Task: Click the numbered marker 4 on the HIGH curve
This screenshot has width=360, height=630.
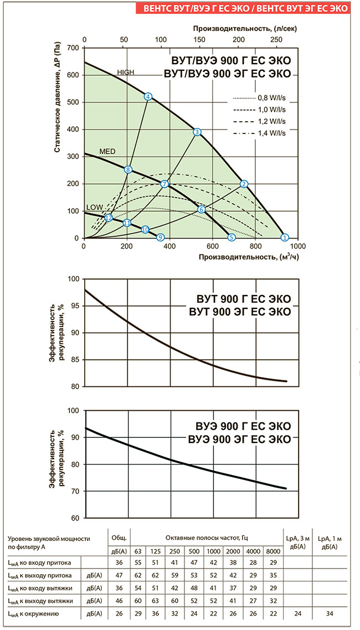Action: pos(148,96)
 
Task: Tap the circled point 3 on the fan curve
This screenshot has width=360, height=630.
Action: pos(197,132)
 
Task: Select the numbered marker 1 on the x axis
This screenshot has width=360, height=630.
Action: pos(285,237)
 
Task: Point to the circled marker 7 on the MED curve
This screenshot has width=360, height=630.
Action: pos(164,184)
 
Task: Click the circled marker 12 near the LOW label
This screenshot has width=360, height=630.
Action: pos(109,218)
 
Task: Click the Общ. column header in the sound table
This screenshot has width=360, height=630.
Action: pos(119,538)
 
